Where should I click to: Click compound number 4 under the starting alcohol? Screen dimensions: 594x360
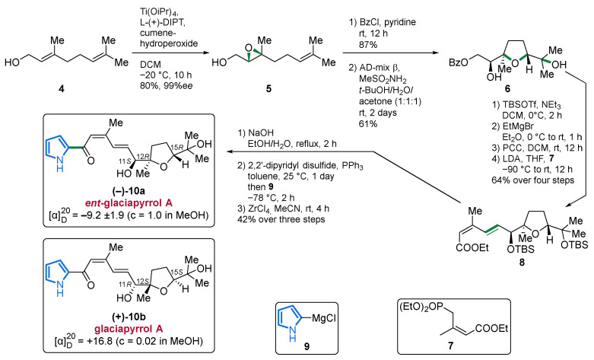point(62,89)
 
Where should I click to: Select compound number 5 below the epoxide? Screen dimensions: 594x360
point(268,89)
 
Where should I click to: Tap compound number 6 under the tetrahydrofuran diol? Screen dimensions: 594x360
point(507,89)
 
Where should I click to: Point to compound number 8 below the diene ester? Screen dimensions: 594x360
point(522,262)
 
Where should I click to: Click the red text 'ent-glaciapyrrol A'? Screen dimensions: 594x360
point(129,202)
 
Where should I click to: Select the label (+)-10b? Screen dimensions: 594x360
point(129,317)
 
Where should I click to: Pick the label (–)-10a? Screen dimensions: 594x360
point(129,192)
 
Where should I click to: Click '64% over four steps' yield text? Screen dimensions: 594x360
point(532,180)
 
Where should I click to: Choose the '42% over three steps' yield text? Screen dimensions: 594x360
point(281,219)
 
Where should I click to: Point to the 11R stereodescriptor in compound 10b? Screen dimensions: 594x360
point(122,284)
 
